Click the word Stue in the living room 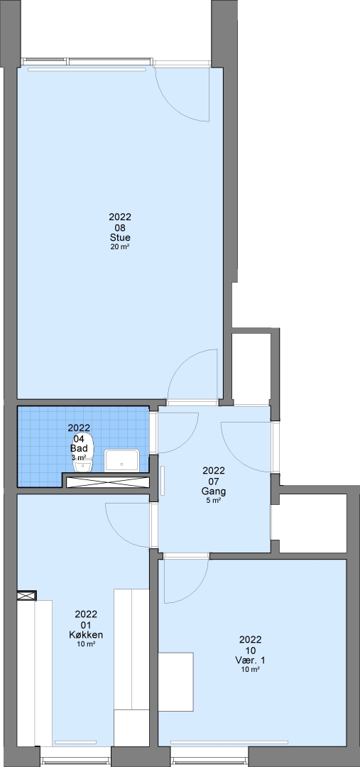(x=120, y=238)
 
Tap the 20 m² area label (x=120, y=247)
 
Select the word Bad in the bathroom (x=79, y=449)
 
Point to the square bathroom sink (x=122, y=460)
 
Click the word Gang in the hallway (x=213, y=491)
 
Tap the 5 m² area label (x=214, y=501)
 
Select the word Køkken (x=86, y=635)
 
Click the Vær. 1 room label (x=251, y=660)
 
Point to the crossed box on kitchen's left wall (x=26, y=595)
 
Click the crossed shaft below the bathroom (x=107, y=482)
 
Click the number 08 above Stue (x=120, y=227)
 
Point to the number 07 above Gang (x=214, y=482)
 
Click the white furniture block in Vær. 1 (x=175, y=682)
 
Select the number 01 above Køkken (x=86, y=625)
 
